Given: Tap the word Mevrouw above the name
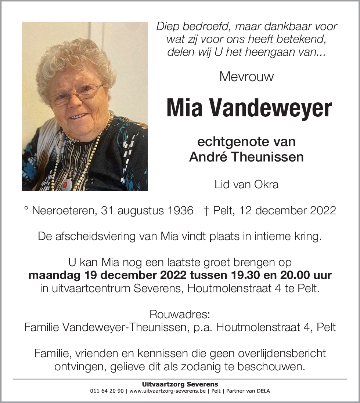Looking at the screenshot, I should [x=246, y=77].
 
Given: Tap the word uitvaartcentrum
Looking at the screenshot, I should [x=85, y=288].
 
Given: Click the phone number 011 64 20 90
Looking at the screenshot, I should [x=107, y=391].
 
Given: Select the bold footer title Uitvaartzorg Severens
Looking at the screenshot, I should [x=180, y=385].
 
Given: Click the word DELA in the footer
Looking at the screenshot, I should [x=263, y=391].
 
